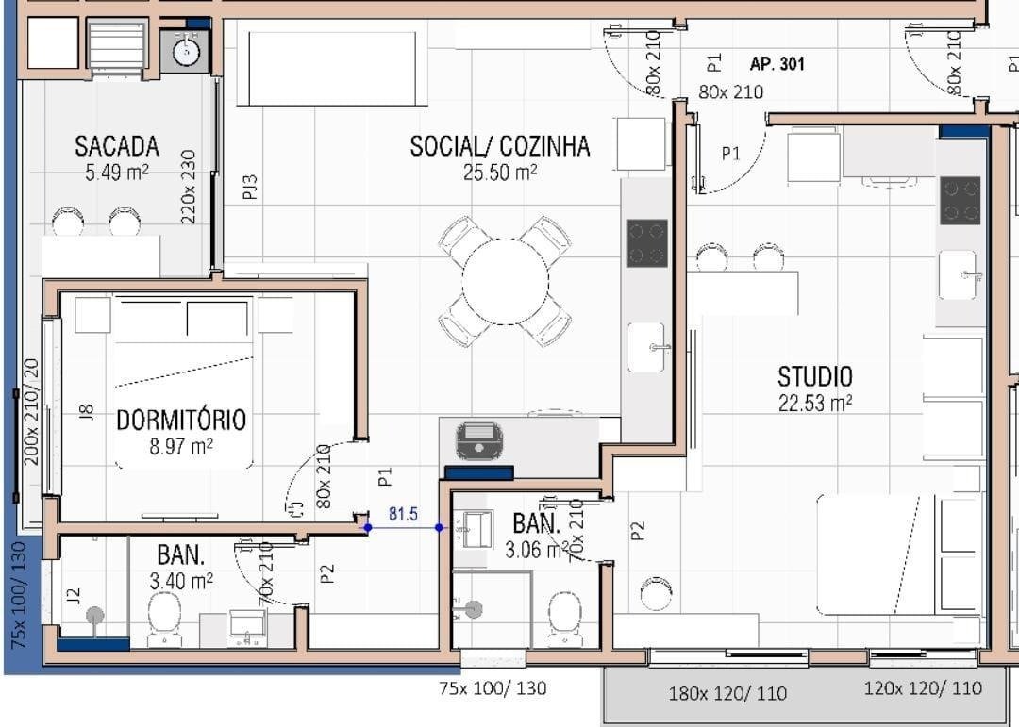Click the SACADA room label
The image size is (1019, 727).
pos(117,146)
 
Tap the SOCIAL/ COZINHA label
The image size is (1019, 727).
pos(500,146)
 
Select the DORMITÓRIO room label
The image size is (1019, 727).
pos(181,420)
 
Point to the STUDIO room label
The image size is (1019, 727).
pos(815,377)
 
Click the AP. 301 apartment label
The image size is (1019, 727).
pos(777,64)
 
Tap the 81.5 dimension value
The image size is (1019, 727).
pos(403,515)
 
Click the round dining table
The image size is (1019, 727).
pos(506,281)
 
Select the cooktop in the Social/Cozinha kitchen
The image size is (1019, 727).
pos(647,243)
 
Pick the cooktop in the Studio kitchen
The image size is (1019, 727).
pos(960,200)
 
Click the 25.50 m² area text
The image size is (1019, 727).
pos(500,173)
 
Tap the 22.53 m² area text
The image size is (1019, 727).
pos(815,403)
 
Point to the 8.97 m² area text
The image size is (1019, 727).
pos(181,447)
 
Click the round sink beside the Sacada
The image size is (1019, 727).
pos(187,51)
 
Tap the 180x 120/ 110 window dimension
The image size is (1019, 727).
pos(727,694)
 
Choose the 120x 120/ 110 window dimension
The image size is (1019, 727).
pos(923,688)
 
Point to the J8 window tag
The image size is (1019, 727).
pos(86,412)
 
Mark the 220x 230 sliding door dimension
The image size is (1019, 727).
pos(188,187)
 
